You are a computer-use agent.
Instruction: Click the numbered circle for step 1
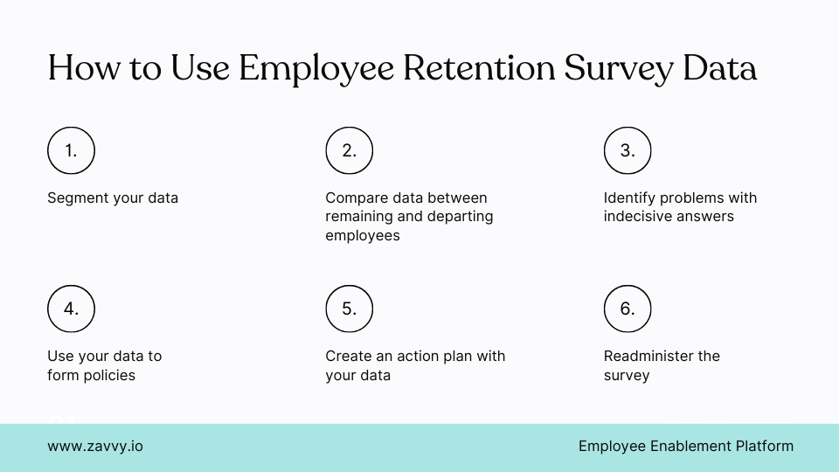click(x=71, y=150)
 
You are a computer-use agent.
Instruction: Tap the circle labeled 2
click(x=350, y=150)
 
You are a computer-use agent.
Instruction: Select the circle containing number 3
click(x=628, y=150)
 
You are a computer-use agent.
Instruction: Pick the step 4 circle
click(x=71, y=309)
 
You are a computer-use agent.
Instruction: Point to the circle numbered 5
click(x=350, y=309)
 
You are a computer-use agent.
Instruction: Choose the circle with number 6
click(x=628, y=309)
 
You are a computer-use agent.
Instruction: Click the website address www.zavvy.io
click(x=95, y=446)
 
